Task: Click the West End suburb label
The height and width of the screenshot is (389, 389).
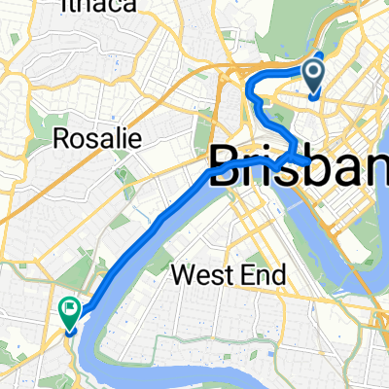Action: click(x=229, y=275)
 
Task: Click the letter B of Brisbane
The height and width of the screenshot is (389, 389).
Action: click(x=225, y=161)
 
